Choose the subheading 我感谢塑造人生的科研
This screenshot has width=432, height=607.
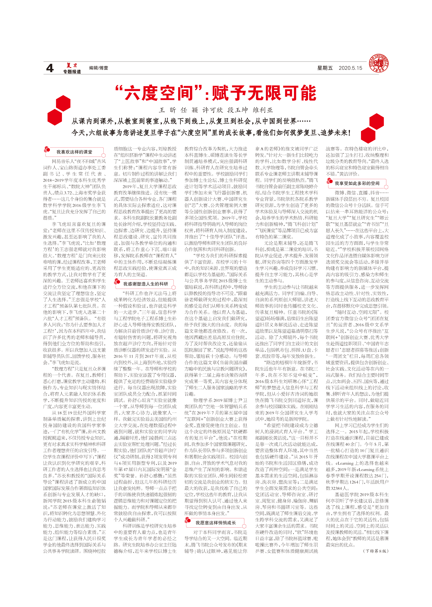146,284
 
